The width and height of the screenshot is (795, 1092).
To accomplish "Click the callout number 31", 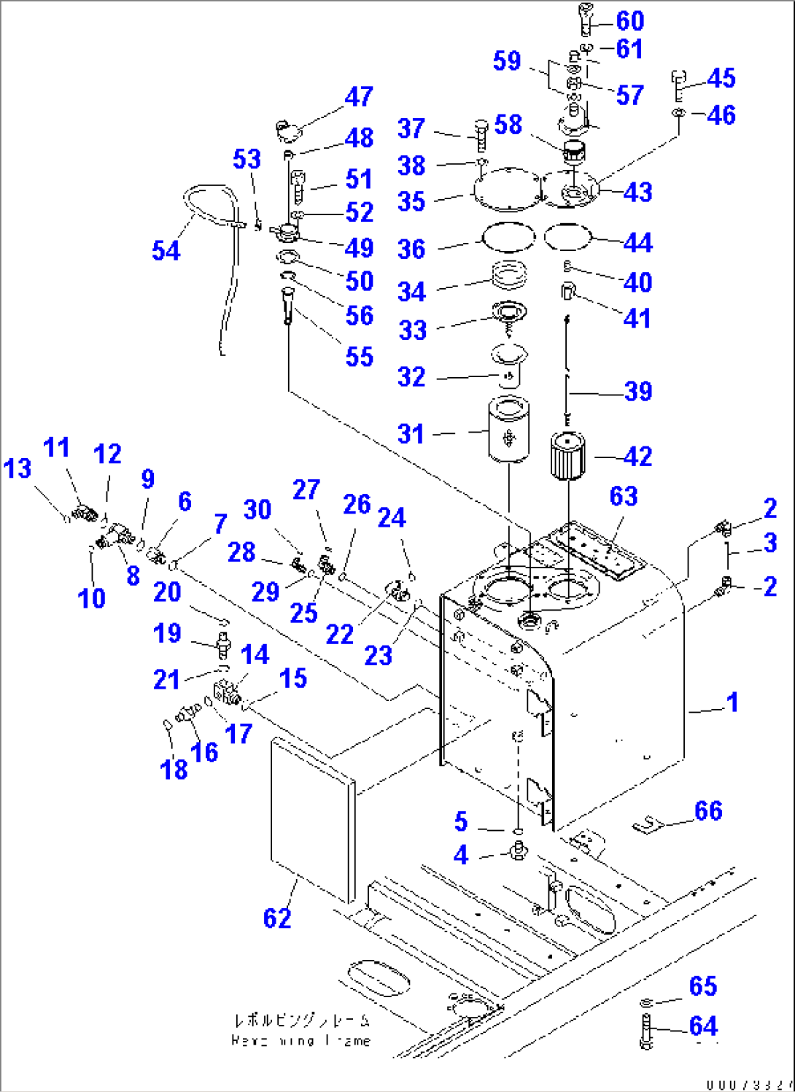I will coord(411,434).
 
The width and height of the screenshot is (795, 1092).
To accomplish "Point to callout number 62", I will coord(277,918).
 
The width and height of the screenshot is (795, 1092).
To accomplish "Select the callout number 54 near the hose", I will coord(166,250).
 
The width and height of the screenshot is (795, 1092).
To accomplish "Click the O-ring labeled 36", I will coord(508,237).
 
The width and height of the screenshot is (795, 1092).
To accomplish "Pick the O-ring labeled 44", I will coord(567,236).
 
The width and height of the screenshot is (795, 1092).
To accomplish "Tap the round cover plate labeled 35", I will coord(508,190).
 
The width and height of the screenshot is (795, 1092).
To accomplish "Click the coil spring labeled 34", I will coord(508,276).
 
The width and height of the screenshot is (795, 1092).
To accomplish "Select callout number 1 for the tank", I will coord(732,702).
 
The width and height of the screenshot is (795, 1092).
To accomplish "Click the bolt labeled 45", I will coord(678,85).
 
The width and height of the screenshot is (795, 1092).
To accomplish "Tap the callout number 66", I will coord(707,810).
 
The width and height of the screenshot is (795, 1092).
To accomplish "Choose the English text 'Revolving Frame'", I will coord(300,1041).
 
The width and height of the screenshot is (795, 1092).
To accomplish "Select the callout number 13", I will coord(18,468).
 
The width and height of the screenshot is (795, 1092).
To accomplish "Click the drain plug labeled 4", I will coord(519,850).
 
